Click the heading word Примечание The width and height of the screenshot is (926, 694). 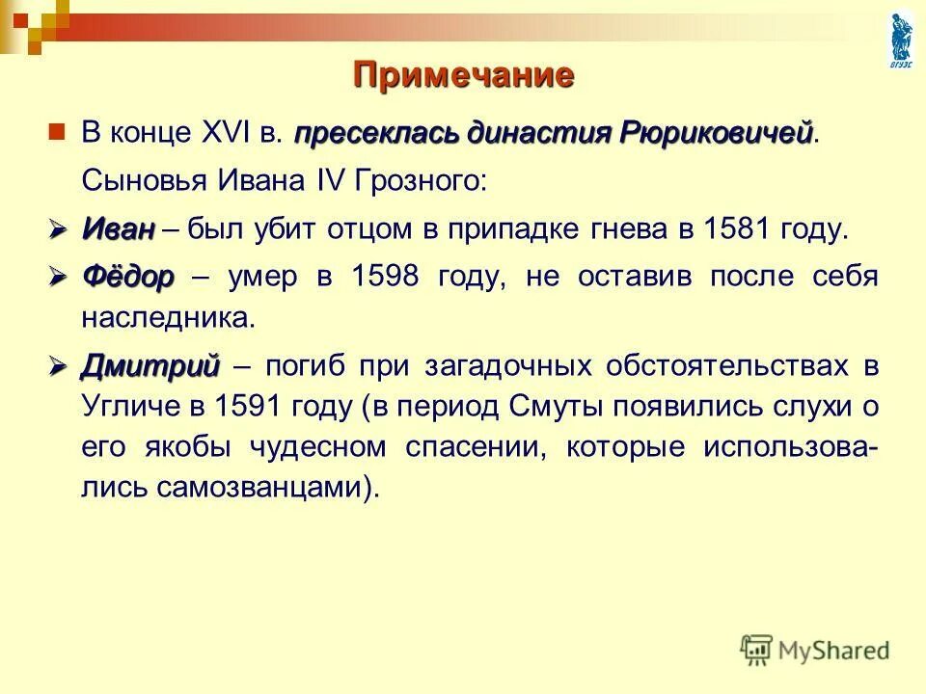point(463,75)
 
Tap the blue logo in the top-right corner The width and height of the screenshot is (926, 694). point(902,38)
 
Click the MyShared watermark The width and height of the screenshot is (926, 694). point(816,650)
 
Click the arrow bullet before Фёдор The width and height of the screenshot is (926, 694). point(59,277)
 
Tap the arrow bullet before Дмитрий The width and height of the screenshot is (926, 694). point(59,365)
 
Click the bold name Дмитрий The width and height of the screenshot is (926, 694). point(150,366)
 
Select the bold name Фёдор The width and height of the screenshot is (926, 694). point(127,278)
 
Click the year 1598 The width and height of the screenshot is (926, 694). point(386,278)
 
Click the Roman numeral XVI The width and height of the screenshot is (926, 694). point(228,132)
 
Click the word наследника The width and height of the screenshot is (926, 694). point(170,318)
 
